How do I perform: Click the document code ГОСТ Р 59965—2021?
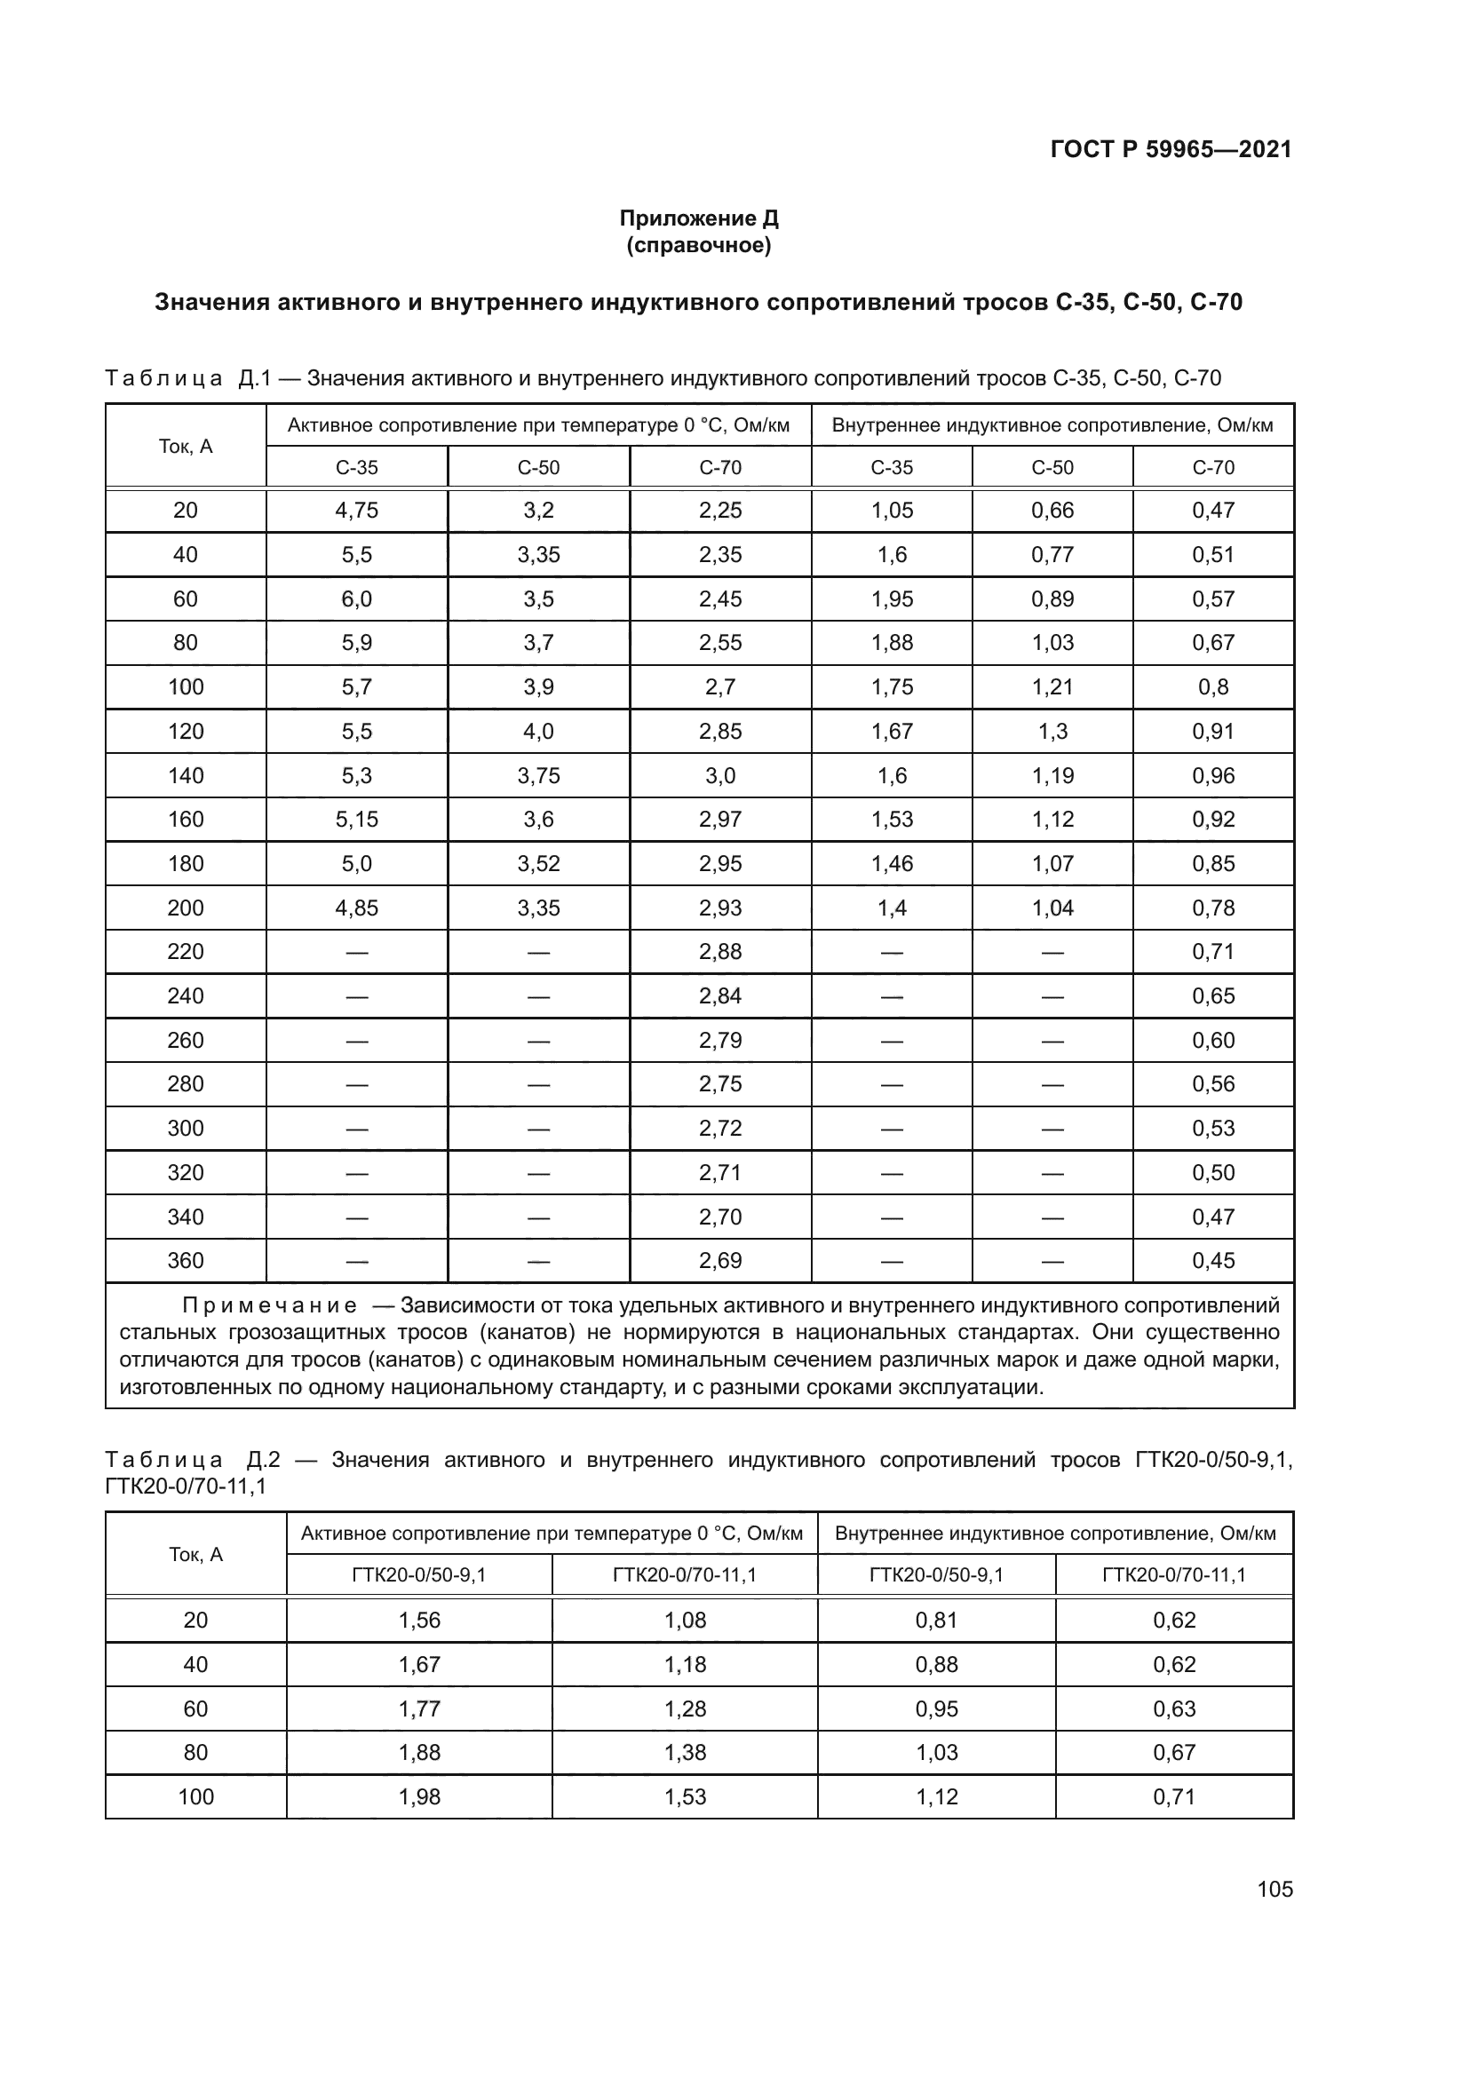pyautogui.click(x=1171, y=149)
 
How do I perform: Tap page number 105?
pyautogui.click(x=1274, y=1889)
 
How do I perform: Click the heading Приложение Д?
pyautogui.click(x=698, y=218)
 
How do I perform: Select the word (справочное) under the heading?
pyautogui.click(x=698, y=245)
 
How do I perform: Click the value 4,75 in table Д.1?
pyautogui.click(x=356, y=511)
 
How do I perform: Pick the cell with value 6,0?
pyautogui.click(x=356, y=599)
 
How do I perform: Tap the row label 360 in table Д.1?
pyautogui.click(x=186, y=1260)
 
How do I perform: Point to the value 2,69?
pyautogui.click(x=720, y=1260)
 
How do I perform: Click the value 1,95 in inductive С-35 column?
pyautogui.click(x=892, y=599)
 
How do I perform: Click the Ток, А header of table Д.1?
pyautogui.click(x=186, y=446)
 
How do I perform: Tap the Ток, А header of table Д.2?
pyautogui.click(x=195, y=1554)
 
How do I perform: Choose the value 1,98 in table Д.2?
pyautogui.click(x=420, y=1796)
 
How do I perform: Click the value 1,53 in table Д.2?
pyautogui.click(x=685, y=1796)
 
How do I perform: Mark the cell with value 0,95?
pyautogui.click(x=936, y=1708)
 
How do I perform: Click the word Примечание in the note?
pyautogui.click(x=270, y=1305)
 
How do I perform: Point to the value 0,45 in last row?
pyautogui.click(x=1213, y=1260)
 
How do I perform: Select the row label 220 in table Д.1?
pyautogui.click(x=186, y=952)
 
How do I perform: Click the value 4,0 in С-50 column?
pyautogui.click(x=538, y=731)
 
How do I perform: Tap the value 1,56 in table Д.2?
pyautogui.click(x=420, y=1621)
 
